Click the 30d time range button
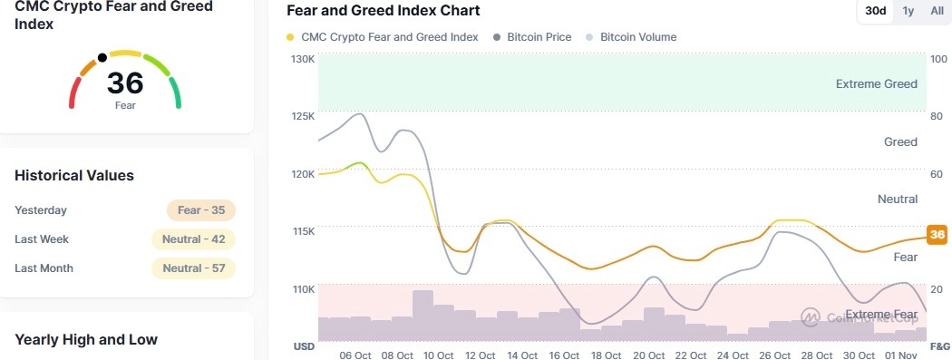876,11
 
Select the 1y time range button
908,11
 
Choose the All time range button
937,11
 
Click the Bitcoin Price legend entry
538,37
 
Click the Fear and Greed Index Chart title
383,11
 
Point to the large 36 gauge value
125,83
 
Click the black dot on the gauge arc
102,58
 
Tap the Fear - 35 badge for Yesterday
201,210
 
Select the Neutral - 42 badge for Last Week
193,239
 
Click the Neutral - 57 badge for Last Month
193,268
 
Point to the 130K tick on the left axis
302,59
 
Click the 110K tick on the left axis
302,289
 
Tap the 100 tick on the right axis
939,59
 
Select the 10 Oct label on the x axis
438,355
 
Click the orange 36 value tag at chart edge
937,234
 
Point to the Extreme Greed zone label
876,83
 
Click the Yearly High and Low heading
86,339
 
